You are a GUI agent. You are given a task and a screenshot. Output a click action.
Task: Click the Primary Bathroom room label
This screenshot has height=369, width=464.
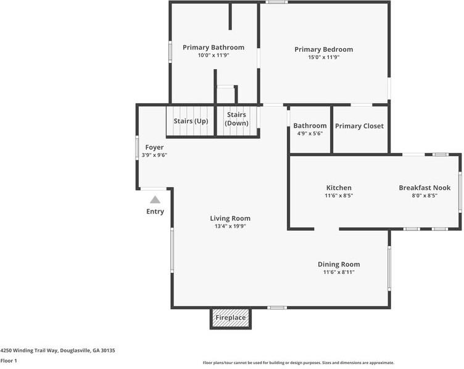213,48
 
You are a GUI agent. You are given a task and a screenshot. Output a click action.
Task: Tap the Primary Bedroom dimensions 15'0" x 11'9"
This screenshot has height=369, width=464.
323,57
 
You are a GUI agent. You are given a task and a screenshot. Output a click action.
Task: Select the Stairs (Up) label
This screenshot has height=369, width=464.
190,121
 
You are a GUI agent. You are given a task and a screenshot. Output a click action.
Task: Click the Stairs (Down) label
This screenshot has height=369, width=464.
237,119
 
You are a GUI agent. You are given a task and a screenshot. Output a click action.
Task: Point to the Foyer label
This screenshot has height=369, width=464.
154,147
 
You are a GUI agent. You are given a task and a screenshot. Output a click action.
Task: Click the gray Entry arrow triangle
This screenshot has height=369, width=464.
155,199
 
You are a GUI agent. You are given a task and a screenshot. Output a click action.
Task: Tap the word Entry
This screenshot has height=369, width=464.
155,212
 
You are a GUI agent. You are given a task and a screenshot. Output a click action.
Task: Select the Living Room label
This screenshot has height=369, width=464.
230,218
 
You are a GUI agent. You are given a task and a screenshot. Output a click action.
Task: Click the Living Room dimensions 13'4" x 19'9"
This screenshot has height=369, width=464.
230,226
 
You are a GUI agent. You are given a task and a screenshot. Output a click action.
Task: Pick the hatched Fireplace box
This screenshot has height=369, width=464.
230,318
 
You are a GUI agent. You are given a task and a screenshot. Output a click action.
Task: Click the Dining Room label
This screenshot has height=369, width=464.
339,264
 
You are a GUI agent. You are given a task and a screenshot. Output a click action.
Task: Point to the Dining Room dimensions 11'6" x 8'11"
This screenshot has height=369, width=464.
339,272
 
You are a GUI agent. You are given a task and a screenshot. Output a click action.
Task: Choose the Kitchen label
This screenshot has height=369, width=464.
339,188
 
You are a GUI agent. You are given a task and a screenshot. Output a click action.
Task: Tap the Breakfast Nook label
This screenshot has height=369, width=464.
425,188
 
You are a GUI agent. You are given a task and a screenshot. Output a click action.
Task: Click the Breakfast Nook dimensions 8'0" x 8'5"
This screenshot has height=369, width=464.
425,196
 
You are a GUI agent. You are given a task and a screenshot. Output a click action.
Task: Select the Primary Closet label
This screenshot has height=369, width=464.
359,126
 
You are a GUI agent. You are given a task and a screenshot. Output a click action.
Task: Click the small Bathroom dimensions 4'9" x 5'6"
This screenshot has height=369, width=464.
310,133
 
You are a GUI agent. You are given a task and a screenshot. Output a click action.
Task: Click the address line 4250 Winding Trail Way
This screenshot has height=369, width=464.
57,350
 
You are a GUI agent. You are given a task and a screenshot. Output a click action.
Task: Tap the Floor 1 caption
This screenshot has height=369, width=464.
9,360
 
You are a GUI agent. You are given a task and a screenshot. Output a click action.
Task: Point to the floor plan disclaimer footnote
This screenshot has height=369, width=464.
299,363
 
